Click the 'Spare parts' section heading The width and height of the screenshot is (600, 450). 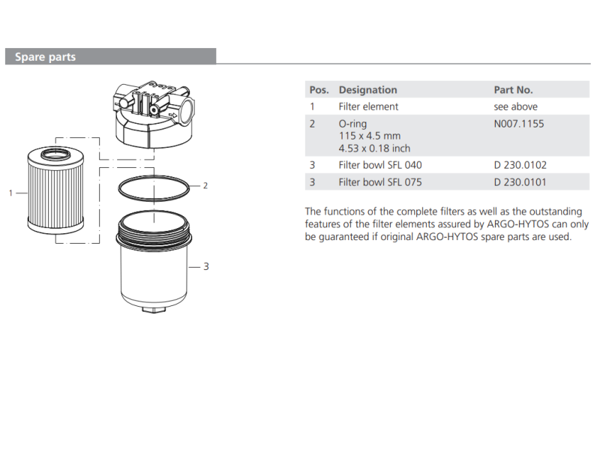45,57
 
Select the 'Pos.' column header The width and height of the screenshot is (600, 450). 319,90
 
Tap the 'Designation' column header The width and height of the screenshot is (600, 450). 367,90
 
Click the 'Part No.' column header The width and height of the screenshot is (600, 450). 513,90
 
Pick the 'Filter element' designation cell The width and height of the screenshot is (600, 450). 368,106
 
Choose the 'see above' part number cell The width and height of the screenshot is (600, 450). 515,106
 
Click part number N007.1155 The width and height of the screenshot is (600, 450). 518,124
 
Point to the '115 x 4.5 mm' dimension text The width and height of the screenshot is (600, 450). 369,136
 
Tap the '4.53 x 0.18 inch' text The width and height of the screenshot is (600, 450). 374,148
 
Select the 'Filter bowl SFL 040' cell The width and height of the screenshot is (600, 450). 380,165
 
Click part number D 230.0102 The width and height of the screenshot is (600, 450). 520,165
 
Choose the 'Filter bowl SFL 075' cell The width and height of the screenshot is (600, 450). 380,182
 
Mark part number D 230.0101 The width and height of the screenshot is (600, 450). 520,182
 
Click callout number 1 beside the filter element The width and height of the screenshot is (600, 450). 10,193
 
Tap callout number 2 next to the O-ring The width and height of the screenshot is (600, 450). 205,186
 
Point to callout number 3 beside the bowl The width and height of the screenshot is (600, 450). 206,266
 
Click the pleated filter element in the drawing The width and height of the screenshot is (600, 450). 55,190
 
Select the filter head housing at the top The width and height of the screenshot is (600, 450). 154,115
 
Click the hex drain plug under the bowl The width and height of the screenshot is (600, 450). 154,308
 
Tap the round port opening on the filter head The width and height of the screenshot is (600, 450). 187,110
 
